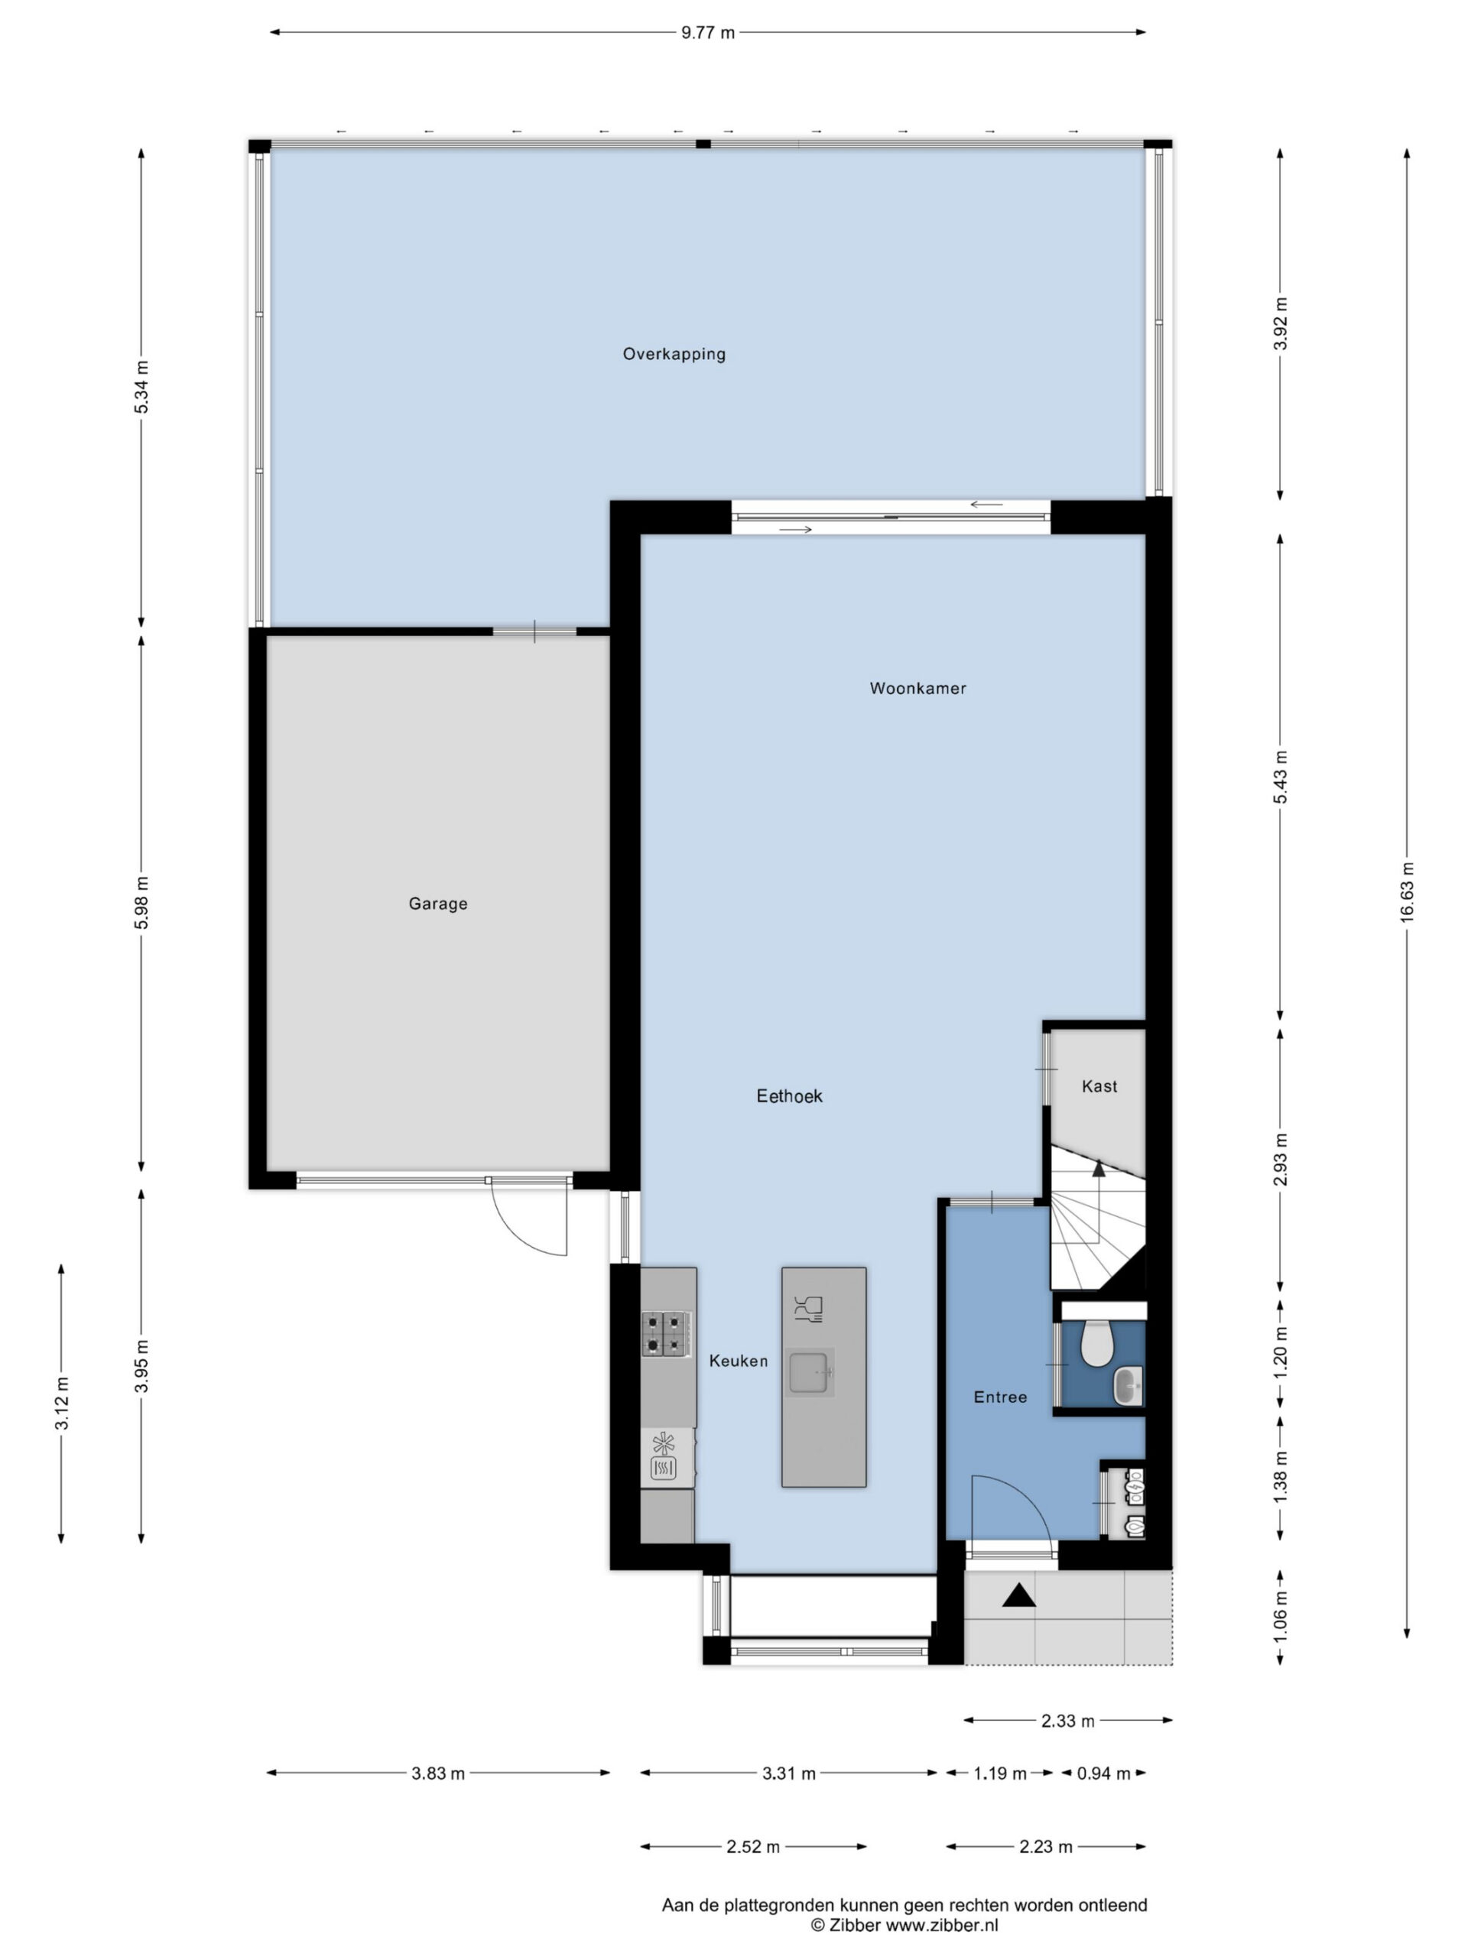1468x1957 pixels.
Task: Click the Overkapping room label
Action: tap(674, 354)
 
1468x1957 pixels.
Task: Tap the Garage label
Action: tap(438, 904)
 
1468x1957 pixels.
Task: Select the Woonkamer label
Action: tap(917, 687)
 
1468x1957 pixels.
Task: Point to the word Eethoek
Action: tap(789, 1096)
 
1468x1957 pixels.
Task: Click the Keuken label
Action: tap(738, 1361)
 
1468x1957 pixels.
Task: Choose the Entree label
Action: tap(1000, 1397)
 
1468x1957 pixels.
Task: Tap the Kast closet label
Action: tap(1099, 1086)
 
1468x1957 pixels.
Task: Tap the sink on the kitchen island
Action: tap(810, 1372)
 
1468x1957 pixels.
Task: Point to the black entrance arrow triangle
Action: tap(1018, 1595)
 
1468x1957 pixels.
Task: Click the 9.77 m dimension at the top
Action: tap(708, 33)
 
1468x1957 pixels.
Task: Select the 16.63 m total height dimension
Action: tap(1407, 892)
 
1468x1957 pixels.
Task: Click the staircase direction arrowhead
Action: tap(1099, 1169)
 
